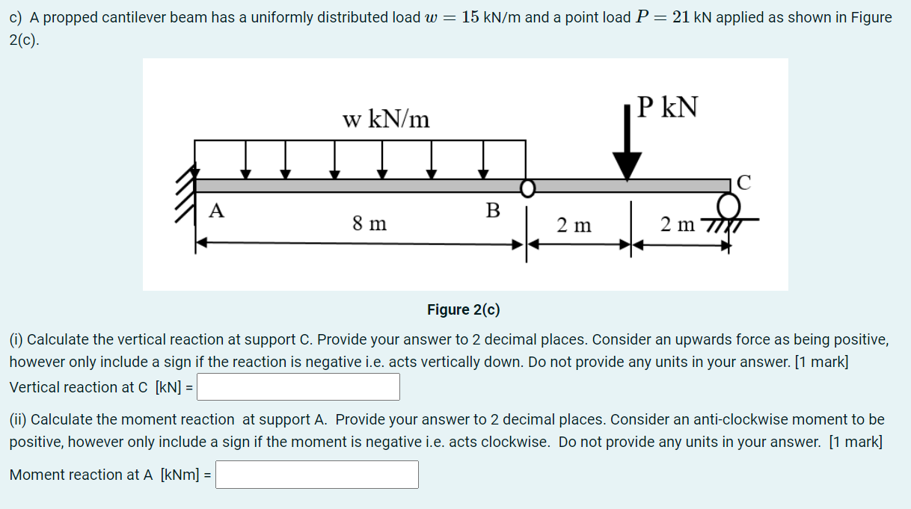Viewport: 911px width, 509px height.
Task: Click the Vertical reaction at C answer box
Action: tap(298, 387)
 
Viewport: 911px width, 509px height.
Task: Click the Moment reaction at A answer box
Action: tap(317, 475)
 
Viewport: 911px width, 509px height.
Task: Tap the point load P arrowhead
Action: tap(627, 165)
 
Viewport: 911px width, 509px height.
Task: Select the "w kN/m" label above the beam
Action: tap(386, 119)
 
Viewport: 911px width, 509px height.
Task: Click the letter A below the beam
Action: tap(216, 211)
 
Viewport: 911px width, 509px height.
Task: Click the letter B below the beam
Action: tap(492, 211)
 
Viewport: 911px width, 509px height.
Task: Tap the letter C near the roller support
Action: tap(743, 182)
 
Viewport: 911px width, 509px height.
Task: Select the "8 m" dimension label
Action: tap(369, 223)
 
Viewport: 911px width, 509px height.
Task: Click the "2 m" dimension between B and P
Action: tap(574, 224)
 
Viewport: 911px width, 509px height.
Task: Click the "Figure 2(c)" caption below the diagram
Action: tap(463, 310)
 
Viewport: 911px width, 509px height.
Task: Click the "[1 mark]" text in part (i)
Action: tap(820, 362)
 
